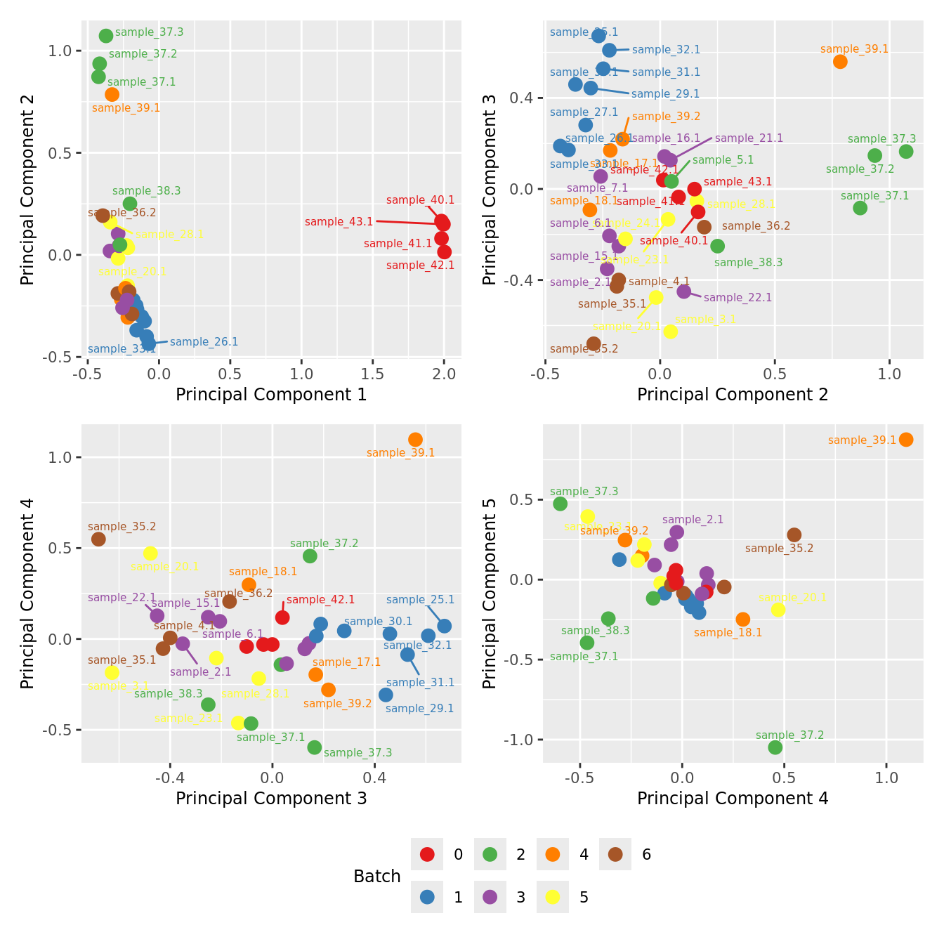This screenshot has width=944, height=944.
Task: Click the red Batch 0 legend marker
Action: click(427, 854)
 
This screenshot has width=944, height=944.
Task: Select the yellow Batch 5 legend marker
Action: click(553, 897)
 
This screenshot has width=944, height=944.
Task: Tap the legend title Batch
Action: click(377, 877)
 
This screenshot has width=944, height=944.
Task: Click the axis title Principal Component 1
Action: click(271, 395)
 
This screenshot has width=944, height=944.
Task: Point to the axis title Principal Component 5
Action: click(490, 593)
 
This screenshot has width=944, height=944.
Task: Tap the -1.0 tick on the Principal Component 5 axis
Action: click(521, 740)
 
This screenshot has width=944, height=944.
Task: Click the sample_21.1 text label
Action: click(749, 138)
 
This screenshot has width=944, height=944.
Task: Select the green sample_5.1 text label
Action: click(723, 160)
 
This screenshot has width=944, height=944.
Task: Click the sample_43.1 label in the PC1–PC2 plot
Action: click(339, 222)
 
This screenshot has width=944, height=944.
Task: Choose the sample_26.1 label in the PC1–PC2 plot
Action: click(204, 342)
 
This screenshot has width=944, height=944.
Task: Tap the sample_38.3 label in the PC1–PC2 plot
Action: click(146, 191)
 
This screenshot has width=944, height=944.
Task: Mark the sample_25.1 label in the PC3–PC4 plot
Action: click(420, 600)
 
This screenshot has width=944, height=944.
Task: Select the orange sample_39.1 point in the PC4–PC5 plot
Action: click(906, 440)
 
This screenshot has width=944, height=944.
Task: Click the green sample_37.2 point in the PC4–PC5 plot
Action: click(775, 747)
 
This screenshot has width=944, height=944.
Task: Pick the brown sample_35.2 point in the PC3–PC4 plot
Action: click(98, 539)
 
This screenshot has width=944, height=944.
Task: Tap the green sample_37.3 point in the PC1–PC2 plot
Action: click(106, 36)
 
